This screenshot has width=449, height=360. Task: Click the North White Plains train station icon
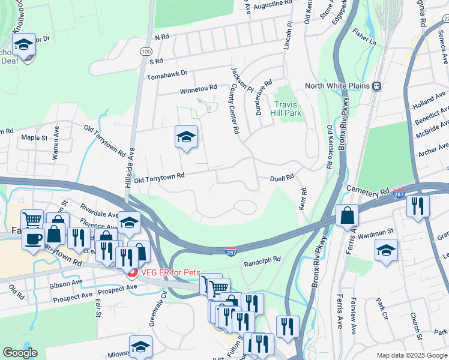coord(378,86)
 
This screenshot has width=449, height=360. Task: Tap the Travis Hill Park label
coord(286,108)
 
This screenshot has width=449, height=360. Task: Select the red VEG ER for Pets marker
coord(132,272)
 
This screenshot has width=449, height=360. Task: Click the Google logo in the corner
coord(20,353)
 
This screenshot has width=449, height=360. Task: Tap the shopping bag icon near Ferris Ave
coord(348,215)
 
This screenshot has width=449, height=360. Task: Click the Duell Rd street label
coord(282,177)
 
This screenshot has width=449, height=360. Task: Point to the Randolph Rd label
coord(262,262)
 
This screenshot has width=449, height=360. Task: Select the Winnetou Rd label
coord(199,88)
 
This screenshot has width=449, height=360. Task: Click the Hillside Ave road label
coord(128,170)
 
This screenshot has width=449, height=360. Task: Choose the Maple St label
coord(34,137)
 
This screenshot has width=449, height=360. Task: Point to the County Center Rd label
coord(235,108)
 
